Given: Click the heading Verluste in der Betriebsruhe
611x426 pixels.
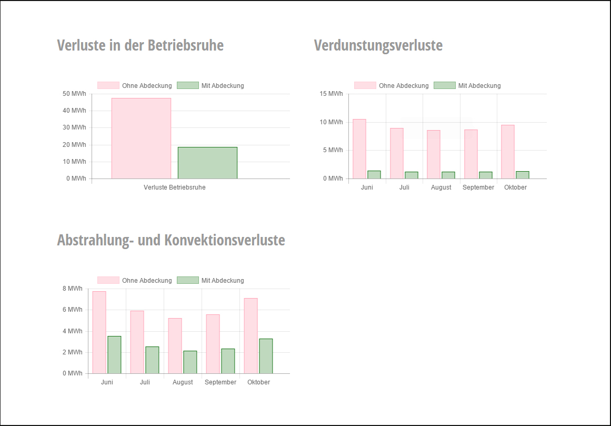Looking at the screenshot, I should click(140, 46).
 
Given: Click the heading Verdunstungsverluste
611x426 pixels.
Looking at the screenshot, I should click(378, 46).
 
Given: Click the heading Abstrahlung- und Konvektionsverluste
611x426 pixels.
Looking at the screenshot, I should click(171, 241).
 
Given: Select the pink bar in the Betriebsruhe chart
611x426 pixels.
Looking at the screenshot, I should click(141, 138).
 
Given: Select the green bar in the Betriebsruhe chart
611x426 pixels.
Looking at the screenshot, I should click(207, 163).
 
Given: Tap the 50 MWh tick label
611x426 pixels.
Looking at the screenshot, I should click(74, 94).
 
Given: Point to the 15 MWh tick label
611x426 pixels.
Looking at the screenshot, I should click(331, 94).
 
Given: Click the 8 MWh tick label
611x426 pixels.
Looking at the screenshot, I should click(72, 289).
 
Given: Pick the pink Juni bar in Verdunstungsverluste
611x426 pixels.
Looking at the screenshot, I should click(359, 149).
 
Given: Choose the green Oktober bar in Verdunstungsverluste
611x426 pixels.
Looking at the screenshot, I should click(523, 175).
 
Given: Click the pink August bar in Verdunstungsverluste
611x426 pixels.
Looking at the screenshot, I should click(434, 154).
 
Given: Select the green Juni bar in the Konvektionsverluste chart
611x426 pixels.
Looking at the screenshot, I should click(114, 355).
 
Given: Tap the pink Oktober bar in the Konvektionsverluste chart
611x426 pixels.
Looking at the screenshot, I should click(251, 336).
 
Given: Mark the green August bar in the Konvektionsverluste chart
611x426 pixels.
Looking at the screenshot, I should click(190, 362).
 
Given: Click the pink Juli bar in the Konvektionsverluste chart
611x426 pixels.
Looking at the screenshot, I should click(137, 342).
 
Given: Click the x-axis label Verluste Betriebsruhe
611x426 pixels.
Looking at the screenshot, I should click(174, 187).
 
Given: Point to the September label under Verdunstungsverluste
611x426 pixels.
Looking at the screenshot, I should click(478, 187).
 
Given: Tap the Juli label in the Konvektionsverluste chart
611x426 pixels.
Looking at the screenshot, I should click(145, 382).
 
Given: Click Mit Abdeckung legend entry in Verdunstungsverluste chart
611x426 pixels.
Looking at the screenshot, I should click(467, 85).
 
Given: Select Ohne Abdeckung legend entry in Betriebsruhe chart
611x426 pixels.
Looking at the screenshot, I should click(135, 85).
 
